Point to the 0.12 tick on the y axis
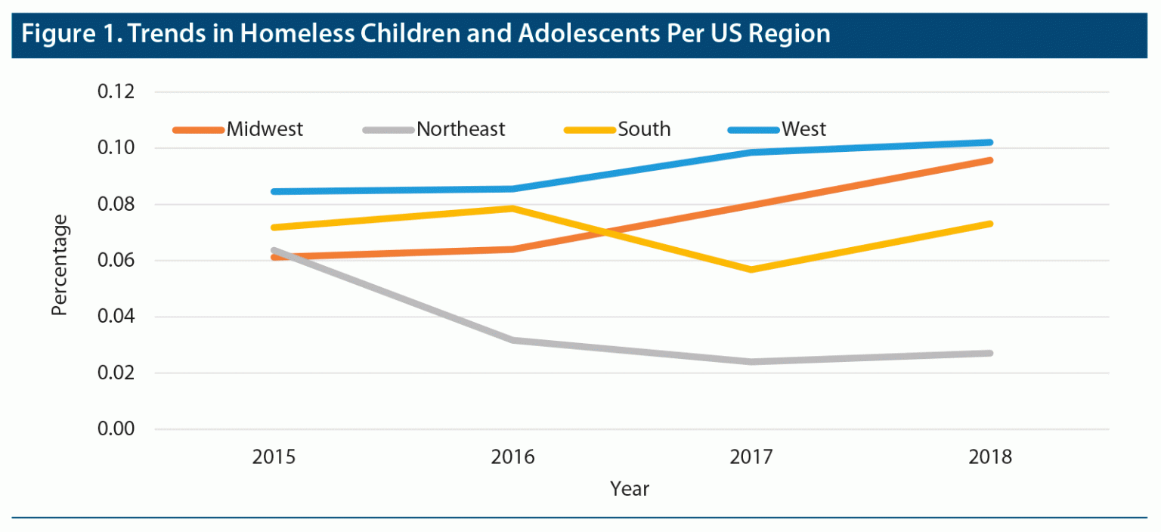115,92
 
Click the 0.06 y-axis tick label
115,261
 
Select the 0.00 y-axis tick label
115,429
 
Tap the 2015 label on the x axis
274,457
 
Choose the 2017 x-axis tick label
751,457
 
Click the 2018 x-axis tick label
990,457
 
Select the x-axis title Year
630,490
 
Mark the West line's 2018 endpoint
989,142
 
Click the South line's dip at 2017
751,270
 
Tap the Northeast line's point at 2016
512,340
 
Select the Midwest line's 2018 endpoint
989,160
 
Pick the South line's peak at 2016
512,208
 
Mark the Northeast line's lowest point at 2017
751,362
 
